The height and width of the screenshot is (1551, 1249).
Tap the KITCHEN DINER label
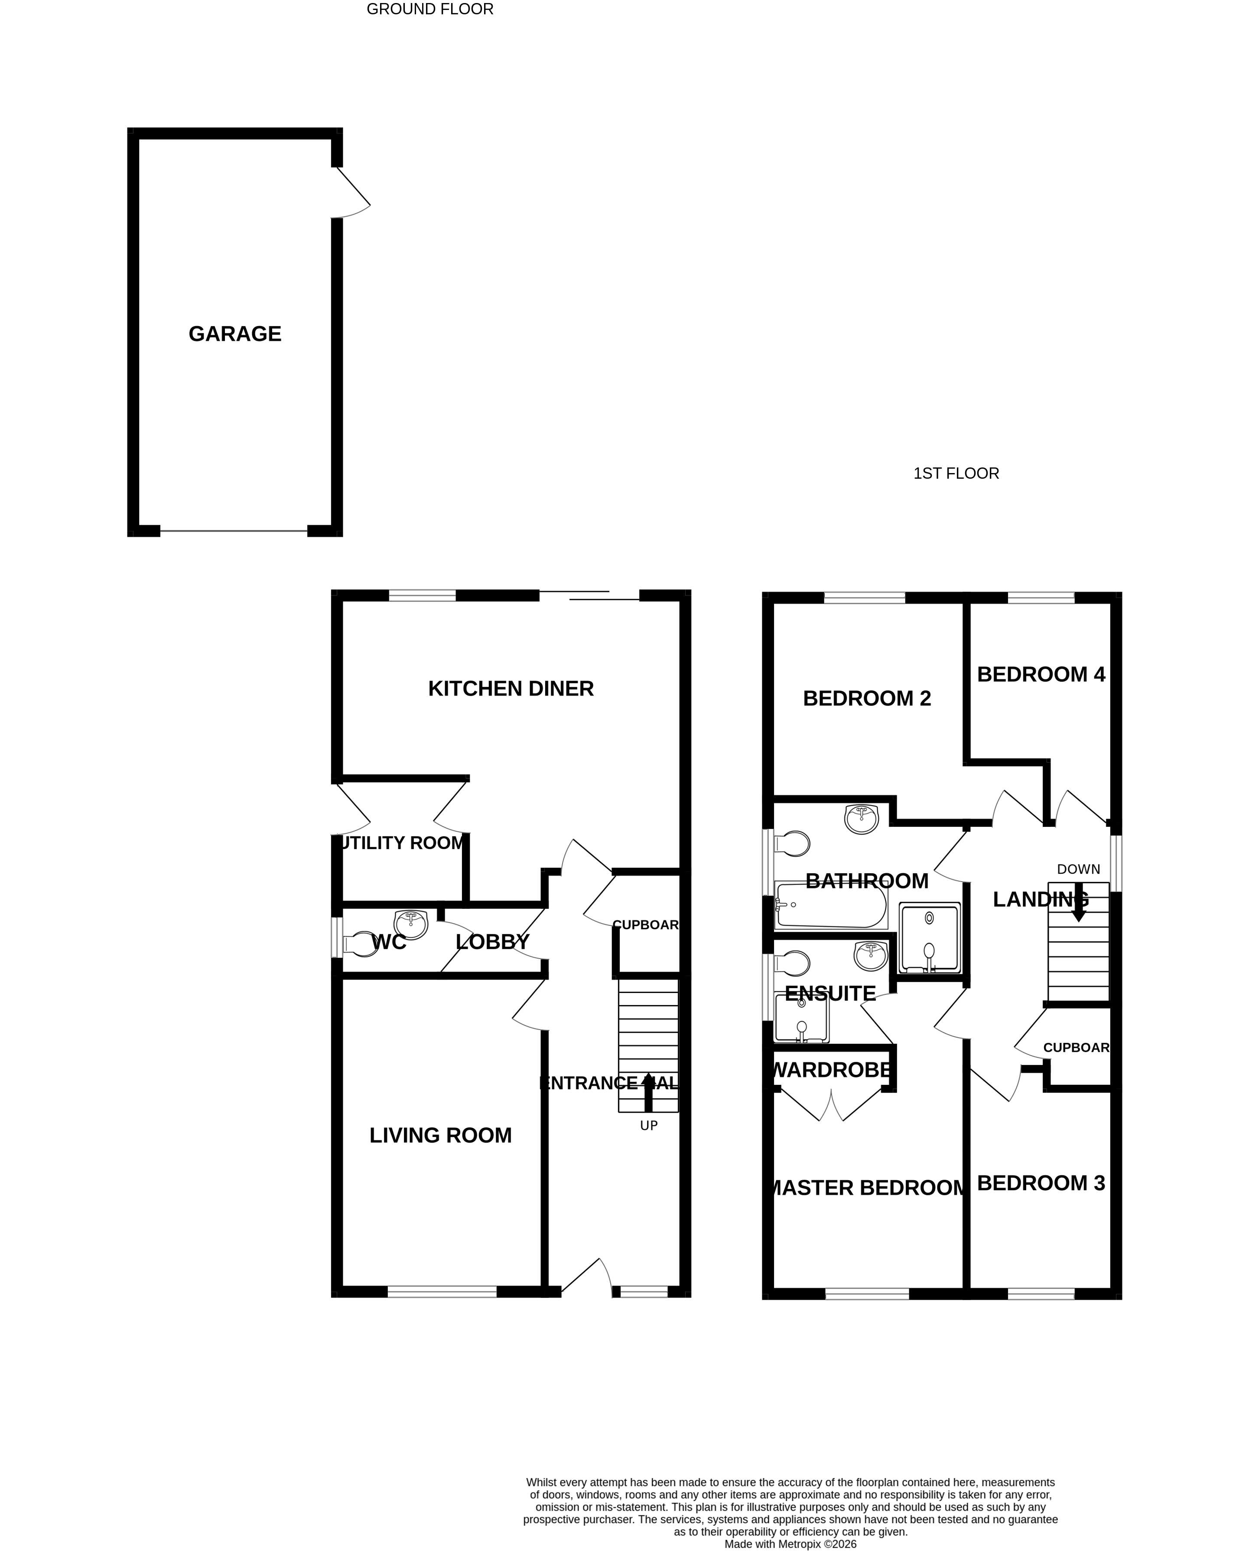[511, 689]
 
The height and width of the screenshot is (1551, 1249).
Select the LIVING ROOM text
[440, 1135]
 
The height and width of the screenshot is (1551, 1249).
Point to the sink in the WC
[411, 924]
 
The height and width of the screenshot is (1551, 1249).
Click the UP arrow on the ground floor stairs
[647, 1091]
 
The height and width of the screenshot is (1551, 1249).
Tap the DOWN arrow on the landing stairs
[1078, 902]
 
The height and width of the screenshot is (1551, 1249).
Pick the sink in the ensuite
[871, 956]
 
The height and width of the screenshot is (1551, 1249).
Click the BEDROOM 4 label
[1041, 674]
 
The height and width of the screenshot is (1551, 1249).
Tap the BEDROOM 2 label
[866, 698]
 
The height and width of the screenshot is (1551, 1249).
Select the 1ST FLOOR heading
[956, 473]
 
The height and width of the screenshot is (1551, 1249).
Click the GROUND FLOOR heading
[429, 10]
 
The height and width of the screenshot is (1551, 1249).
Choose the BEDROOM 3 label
[1041, 1183]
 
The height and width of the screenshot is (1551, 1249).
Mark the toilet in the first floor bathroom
[792, 843]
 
